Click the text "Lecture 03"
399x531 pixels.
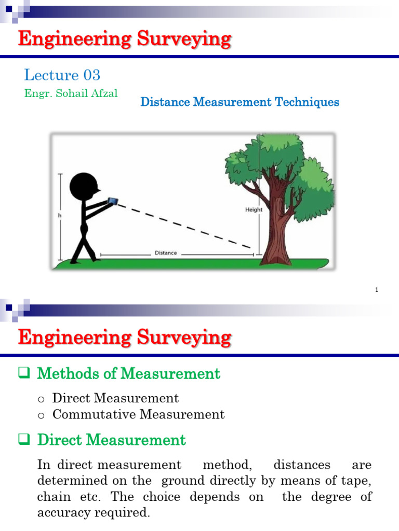(x=62, y=75)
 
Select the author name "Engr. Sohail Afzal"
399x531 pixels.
(x=71, y=93)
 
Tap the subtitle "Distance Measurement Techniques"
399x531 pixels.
(x=240, y=102)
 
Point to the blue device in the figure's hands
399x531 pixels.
(x=113, y=201)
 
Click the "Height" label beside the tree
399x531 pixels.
(x=254, y=210)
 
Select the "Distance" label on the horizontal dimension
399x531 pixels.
(x=166, y=253)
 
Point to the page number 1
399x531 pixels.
(x=376, y=290)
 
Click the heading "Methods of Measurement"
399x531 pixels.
(x=129, y=373)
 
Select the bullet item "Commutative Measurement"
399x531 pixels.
(x=138, y=414)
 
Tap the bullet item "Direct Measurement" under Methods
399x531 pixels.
(x=115, y=398)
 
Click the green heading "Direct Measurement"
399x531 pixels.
(x=111, y=440)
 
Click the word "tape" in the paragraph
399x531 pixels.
(x=358, y=481)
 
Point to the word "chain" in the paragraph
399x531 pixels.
(x=54, y=497)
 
